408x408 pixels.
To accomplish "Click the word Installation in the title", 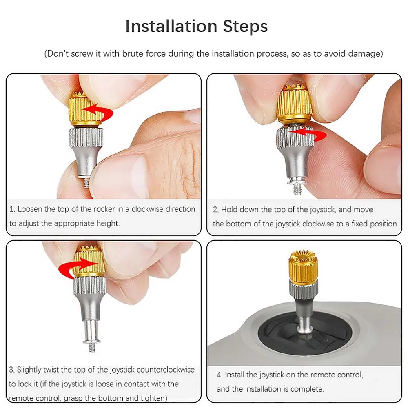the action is [x=171, y=26].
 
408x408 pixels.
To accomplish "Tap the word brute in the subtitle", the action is [x=133, y=53].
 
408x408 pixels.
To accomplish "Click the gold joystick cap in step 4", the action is [x=304, y=268].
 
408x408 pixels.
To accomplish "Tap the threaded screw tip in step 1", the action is [x=86, y=183].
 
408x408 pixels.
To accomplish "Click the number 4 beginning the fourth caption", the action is [x=219, y=375].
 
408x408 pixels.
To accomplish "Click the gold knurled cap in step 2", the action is [x=295, y=104].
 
